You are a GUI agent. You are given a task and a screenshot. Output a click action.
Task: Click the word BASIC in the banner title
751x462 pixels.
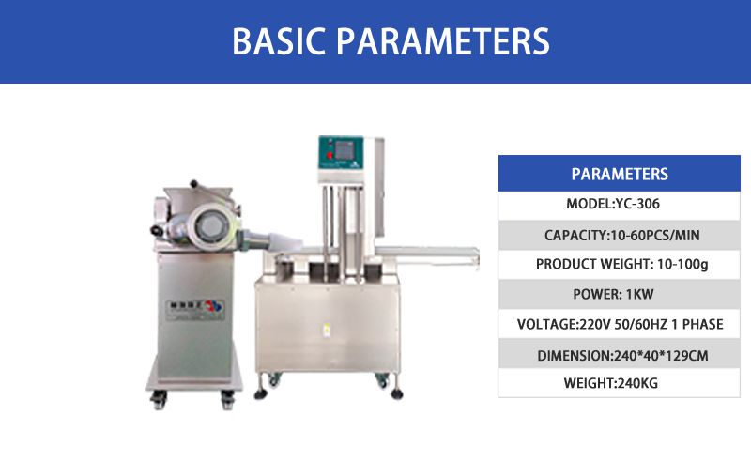pos(272,41)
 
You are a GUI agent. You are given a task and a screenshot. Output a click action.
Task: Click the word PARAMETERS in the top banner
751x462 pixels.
pos(443,41)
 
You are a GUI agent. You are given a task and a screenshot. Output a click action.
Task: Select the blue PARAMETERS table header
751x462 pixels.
pos(620,173)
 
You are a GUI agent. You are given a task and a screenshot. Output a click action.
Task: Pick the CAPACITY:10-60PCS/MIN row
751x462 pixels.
pos(620,236)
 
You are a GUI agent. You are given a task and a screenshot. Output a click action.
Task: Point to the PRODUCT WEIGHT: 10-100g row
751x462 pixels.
pos(620,265)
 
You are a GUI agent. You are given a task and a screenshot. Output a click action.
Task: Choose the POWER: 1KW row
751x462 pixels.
pos(620,294)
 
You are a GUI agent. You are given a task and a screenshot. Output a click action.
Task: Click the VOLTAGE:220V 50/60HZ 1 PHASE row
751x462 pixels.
pos(620,324)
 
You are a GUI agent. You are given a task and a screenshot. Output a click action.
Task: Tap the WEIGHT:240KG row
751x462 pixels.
pos(620,383)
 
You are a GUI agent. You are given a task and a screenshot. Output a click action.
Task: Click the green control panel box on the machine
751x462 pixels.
pos(342,152)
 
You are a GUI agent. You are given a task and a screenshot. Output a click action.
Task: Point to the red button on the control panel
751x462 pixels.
pos(330,155)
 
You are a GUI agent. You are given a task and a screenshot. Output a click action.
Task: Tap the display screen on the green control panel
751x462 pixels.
pos(344,150)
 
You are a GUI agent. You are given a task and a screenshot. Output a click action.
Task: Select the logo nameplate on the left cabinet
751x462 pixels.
pos(195,310)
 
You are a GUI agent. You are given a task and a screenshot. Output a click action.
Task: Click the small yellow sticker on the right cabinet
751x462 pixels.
pos(327,330)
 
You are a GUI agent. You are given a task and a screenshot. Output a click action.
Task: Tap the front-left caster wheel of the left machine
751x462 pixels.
pos(159,399)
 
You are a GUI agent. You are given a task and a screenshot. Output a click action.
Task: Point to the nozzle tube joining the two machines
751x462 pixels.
pos(270,239)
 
